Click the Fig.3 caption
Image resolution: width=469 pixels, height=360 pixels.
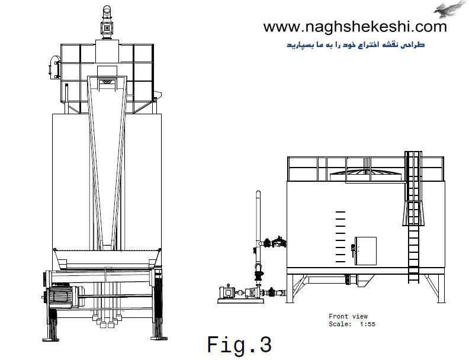[239, 345]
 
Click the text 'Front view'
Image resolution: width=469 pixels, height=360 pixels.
[348, 316]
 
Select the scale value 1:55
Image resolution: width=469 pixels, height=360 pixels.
[368, 324]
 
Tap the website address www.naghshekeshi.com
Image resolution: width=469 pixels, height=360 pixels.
[355, 27]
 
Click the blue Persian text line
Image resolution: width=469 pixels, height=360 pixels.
[356, 45]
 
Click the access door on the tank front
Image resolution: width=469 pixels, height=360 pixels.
[365, 251]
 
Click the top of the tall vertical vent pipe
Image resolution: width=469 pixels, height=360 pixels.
[258, 192]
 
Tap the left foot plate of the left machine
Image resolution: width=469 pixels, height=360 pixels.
[50, 339]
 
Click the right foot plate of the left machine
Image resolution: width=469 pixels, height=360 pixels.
[159, 339]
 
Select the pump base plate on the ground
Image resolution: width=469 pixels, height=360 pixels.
[241, 301]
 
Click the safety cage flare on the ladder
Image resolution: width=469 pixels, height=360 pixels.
[413, 213]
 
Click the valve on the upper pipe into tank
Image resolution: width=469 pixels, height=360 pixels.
[277, 242]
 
